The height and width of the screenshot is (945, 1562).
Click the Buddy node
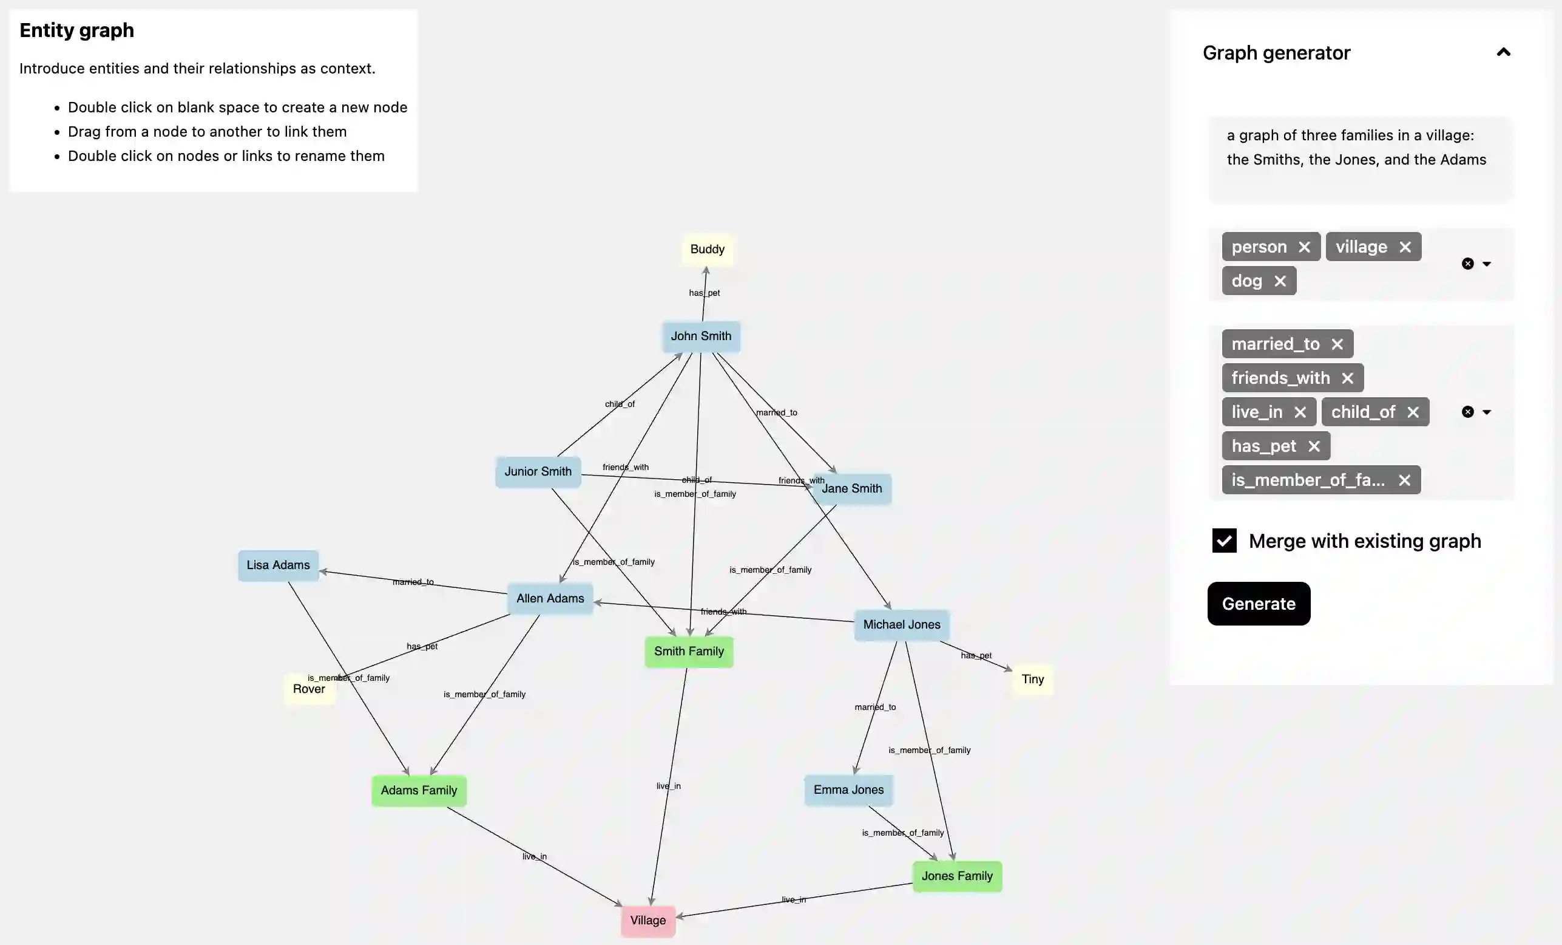(707, 249)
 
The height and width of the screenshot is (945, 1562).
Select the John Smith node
(700, 336)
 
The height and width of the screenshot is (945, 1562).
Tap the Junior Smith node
(538, 471)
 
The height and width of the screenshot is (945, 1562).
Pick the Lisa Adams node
(278, 565)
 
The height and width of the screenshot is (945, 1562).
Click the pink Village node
(647, 920)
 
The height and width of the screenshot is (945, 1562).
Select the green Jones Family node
(956, 876)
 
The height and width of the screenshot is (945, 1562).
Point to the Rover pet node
(309, 689)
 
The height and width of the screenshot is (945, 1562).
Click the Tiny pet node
(1032, 679)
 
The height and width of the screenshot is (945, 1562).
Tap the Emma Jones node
(848, 790)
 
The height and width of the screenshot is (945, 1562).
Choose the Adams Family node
(418, 790)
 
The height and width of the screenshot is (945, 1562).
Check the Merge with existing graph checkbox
(1224, 541)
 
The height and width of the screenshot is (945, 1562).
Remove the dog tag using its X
(1280, 281)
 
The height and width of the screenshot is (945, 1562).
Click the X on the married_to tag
(1337, 344)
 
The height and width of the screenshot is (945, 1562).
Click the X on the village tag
(1405, 247)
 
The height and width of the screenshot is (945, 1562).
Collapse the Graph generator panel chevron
(1503, 53)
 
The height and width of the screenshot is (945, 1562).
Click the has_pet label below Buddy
(705, 293)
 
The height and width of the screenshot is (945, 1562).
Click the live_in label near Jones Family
(794, 899)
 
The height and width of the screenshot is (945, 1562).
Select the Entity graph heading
(76, 30)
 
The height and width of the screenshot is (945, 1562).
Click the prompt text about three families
(1356, 147)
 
